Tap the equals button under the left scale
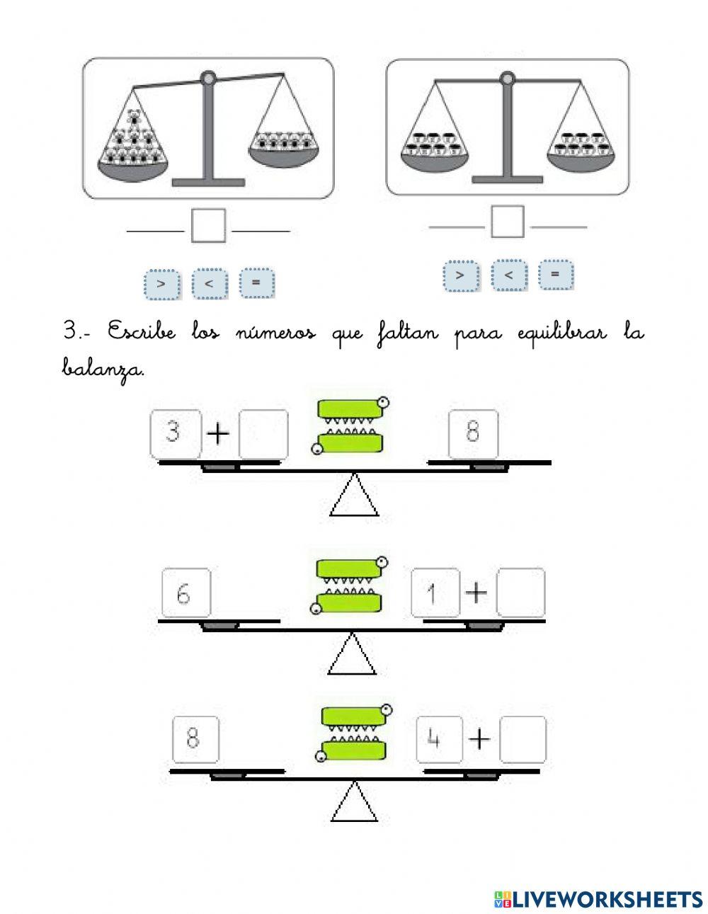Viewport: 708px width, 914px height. coord(256,282)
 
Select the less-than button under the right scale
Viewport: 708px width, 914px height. coord(509,275)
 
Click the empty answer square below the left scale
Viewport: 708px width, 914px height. coord(208,225)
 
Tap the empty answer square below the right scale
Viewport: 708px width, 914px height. coord(508,222)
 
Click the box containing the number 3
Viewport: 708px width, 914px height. coord(176,434)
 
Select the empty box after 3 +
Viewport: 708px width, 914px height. coord(263,434)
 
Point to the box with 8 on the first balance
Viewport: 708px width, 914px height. coord(473,434)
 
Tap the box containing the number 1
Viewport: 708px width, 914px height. coord(435,593)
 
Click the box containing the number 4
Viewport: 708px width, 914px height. coord(440,740)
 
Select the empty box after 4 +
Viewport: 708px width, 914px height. coord(523,740)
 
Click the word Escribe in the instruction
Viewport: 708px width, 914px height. coord(142,331)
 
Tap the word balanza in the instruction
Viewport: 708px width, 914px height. coord(103,370)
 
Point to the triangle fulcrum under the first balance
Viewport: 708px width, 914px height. coord(354,495)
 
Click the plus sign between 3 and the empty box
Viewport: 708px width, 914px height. coord(218,434)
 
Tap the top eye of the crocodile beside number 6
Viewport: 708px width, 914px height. coord(382,561)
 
